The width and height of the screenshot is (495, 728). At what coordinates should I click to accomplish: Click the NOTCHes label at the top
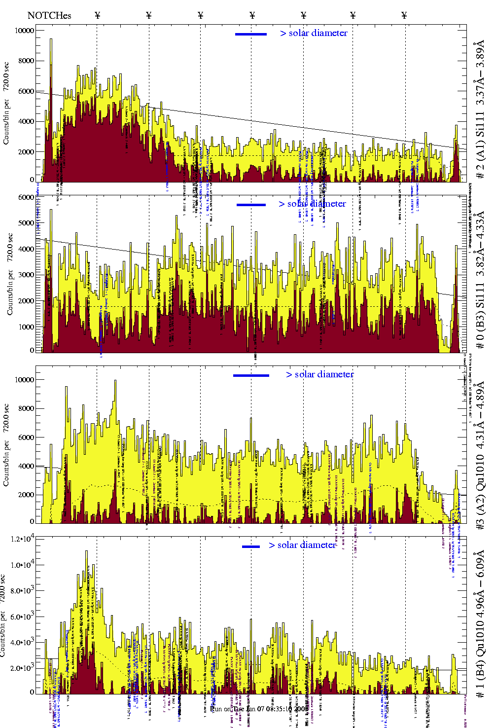(49, 15)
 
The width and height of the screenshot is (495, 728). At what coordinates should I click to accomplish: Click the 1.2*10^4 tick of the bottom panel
(23, 539)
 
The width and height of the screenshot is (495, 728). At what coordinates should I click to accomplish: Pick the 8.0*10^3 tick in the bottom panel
(23, 591)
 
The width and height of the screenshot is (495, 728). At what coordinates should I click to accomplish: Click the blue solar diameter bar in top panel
(251, 34)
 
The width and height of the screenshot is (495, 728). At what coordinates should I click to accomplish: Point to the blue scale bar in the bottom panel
(251, 546)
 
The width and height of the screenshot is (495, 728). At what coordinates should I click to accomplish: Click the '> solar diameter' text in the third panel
(320, 374)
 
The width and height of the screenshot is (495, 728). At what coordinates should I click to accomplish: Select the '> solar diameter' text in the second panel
(312, 204)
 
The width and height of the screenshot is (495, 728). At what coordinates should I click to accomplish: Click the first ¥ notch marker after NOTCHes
(98, 15)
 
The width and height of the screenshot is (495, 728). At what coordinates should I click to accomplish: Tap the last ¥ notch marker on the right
(404, 15)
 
